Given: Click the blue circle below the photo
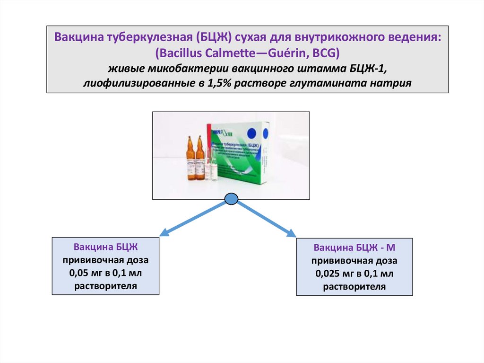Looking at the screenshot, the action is pos(231,199).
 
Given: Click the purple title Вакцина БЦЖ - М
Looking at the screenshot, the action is pos(354,248).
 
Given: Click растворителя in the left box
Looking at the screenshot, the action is pos(105,286).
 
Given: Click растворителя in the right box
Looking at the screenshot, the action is pos(354,287).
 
